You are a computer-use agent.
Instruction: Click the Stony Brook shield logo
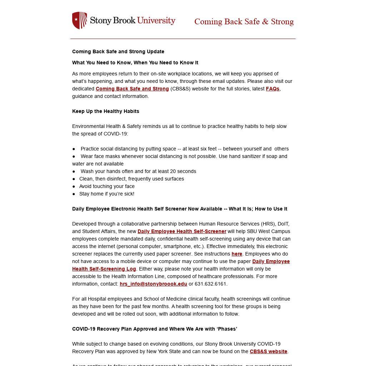79,20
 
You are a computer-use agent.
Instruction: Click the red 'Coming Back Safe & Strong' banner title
244,22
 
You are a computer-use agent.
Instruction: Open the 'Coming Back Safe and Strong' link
132,89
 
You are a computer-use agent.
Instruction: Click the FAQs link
272,89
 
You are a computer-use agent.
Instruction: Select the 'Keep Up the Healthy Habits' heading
106,111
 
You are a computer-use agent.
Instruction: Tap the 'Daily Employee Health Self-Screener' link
182,231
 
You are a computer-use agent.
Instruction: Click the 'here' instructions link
237,254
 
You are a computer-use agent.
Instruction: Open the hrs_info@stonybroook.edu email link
153,284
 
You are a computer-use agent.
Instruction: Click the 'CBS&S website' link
268,351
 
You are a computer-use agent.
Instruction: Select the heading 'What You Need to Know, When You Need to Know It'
135,63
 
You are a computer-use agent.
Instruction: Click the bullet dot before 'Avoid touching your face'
74,186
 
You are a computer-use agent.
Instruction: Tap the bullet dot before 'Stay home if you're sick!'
74,194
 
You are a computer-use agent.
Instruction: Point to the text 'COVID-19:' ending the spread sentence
116,134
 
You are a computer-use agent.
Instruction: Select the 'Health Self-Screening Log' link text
104,269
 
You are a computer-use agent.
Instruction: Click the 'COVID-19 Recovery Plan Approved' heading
155,329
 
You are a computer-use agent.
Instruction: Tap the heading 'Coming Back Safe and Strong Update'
118,51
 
